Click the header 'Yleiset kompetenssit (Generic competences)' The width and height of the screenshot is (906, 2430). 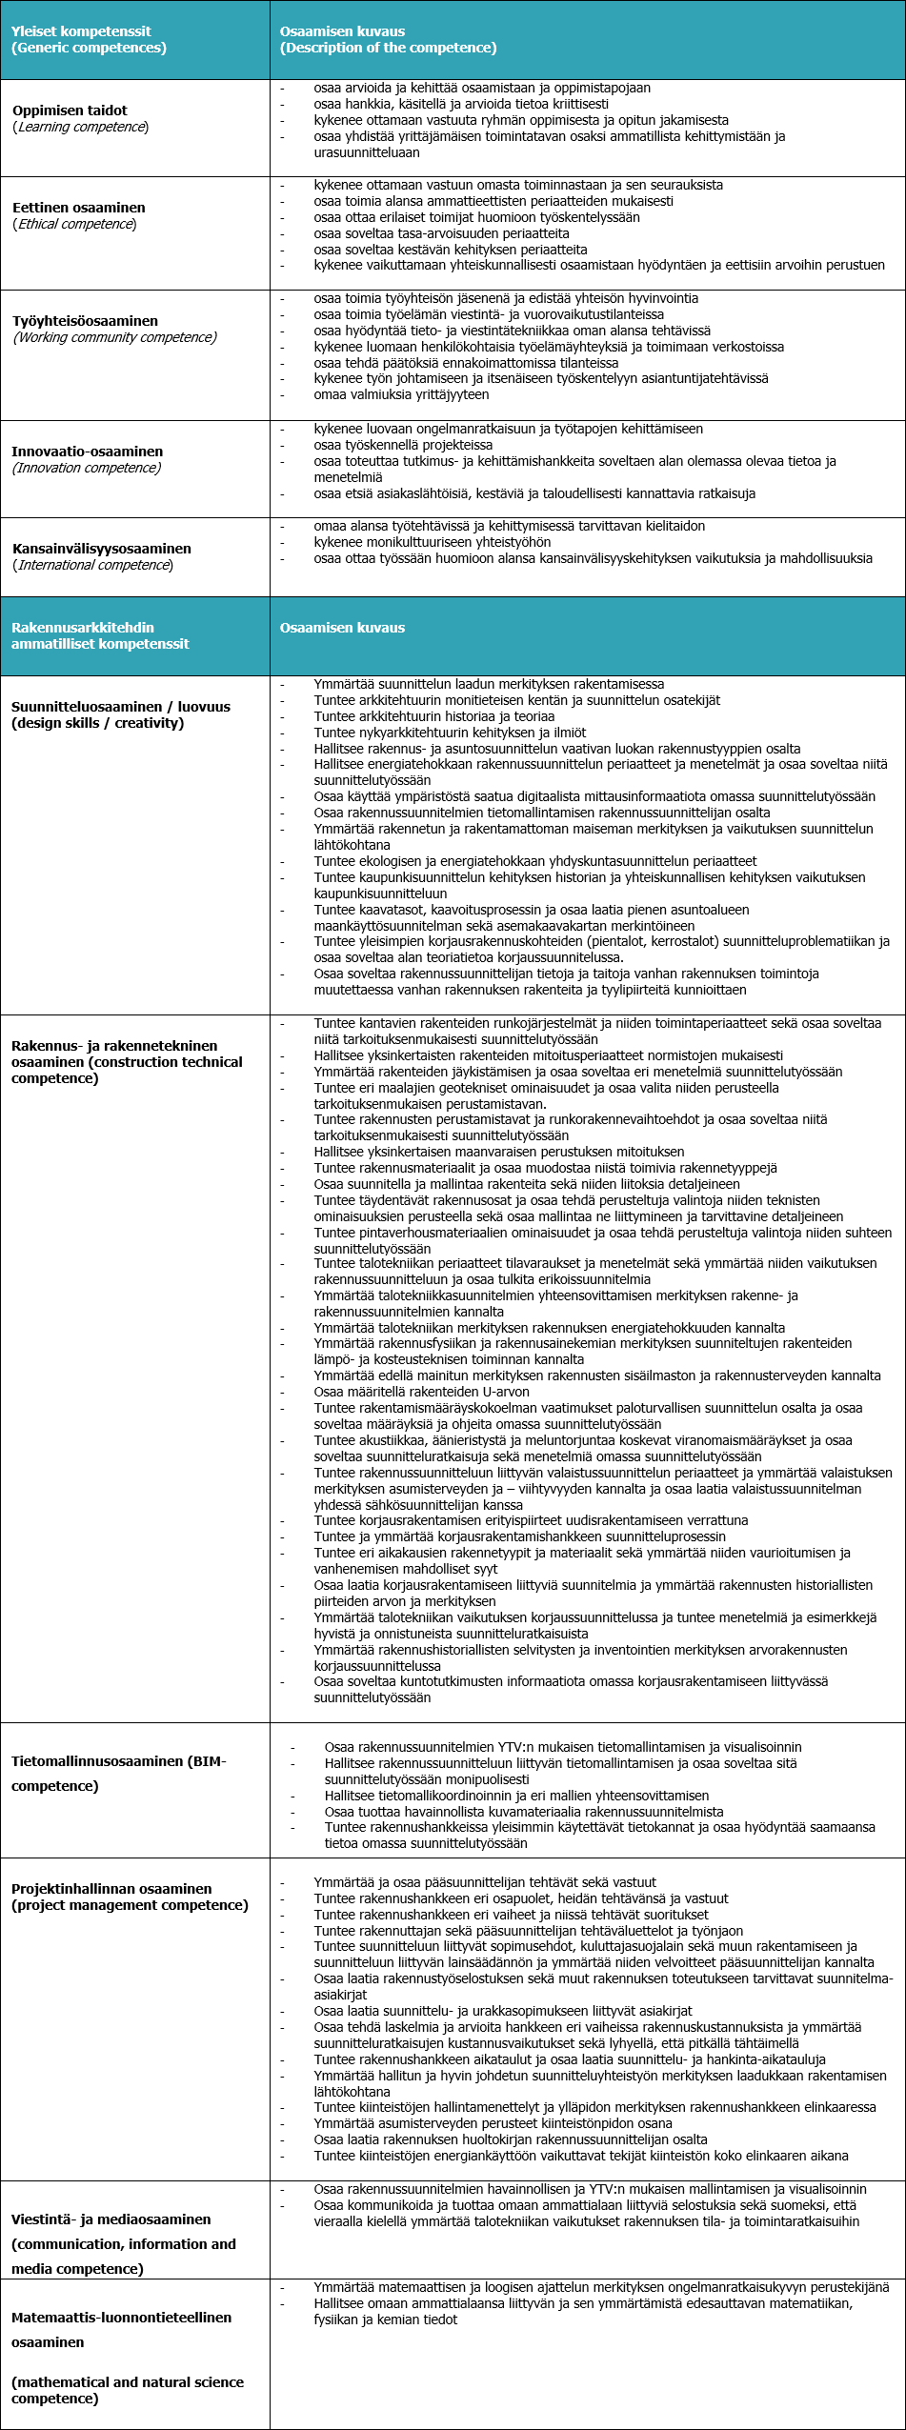pos(89,39)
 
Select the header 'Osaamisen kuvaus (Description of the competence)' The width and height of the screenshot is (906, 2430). pos(388,39)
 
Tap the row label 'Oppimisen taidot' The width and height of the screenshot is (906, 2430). pos(70,110)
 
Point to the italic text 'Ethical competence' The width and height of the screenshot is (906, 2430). pos(74,224)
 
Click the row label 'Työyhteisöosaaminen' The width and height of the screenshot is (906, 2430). pos(85,321)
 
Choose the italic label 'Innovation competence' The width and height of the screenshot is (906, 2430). pos(87,468)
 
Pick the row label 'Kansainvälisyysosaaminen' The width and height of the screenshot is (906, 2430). pos(102,549)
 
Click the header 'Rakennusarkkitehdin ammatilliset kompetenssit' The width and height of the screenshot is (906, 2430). pos(100,635)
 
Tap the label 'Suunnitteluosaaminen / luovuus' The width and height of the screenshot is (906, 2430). pos(121,707)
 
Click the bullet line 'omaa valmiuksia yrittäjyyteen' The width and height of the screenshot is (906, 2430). pos(401,394)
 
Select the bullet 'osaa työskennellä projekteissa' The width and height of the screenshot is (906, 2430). pos(403,445)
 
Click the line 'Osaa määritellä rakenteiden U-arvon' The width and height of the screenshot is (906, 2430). pos(421,1392)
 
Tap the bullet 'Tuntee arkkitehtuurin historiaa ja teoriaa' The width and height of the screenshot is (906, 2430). pos(433,716)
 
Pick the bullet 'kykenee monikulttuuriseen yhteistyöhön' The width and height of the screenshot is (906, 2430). pos(432,542)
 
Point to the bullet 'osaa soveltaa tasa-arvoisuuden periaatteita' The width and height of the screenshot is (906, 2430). pos(441,233)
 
